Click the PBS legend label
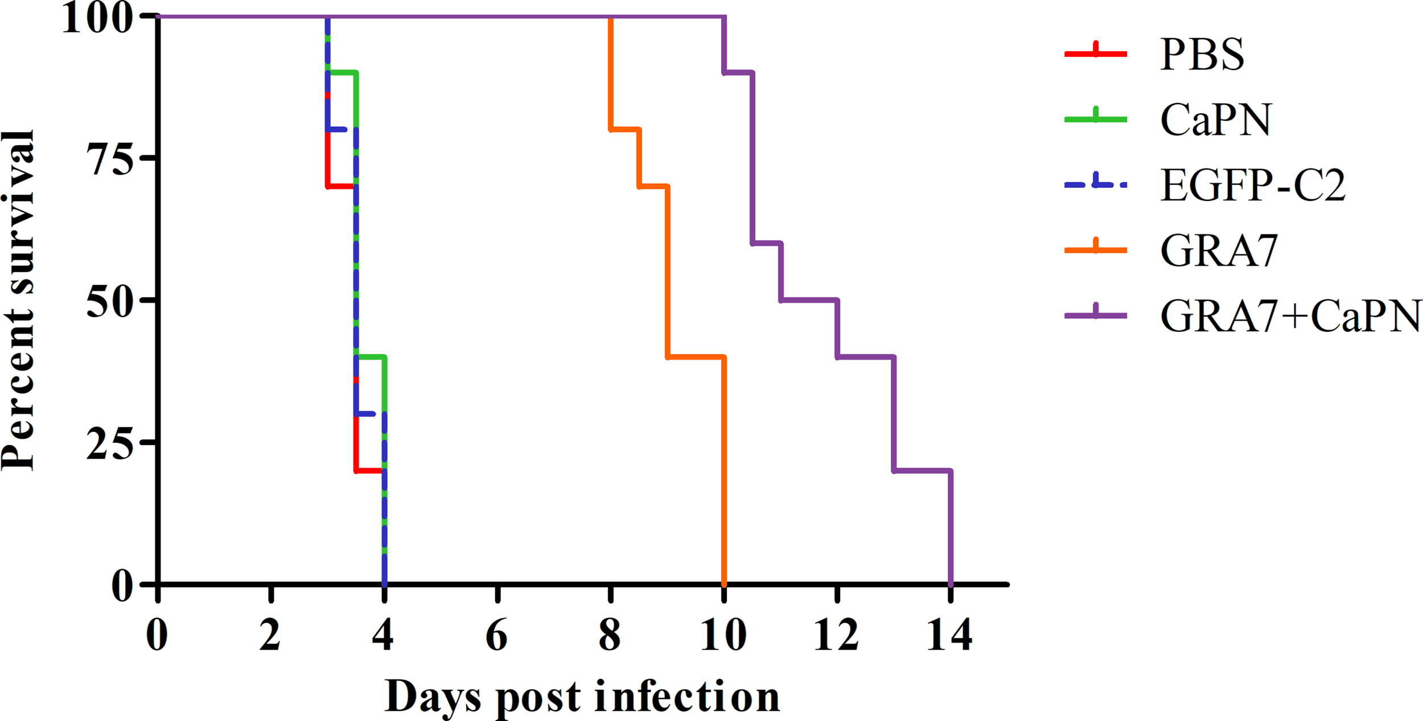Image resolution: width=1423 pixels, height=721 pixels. [x=1202, y=55]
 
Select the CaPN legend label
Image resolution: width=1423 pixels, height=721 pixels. [x=1215, y=120]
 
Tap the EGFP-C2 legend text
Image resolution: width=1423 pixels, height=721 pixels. [x=1253, y=186]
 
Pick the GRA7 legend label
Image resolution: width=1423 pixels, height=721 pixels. [x=1219, y=251]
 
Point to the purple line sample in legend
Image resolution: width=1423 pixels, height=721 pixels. [x=1095, y=315]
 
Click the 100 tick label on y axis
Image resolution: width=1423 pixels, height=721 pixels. [x=97, y=18]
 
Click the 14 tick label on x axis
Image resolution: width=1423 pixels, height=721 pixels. [x=949, y=635]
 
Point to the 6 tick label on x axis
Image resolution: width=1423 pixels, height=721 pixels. [x=496, y=635]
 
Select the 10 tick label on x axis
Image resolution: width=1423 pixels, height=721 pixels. [x=723, y=635]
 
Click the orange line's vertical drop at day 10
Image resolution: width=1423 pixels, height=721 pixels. [x=723, y=472]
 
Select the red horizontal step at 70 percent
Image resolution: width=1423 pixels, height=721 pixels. [x=342, y=186]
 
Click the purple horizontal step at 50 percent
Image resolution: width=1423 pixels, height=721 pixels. [x=808, y=300]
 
